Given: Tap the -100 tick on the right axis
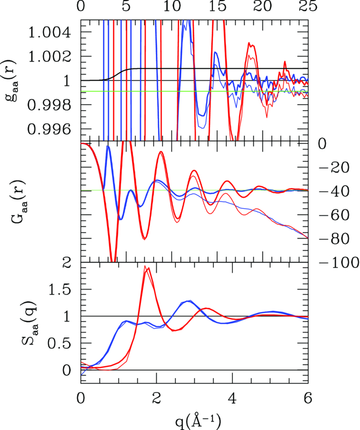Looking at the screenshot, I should click(x=332, y=261).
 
